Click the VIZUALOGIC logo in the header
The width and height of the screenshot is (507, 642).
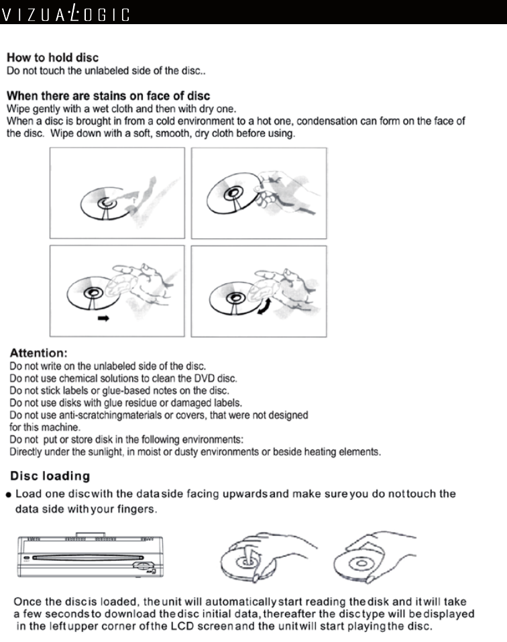click(65, 13)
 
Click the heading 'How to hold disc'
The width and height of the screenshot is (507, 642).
click(52, 58)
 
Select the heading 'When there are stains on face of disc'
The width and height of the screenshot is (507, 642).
click(108, 96)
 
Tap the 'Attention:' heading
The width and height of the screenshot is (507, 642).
click(37, 352)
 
